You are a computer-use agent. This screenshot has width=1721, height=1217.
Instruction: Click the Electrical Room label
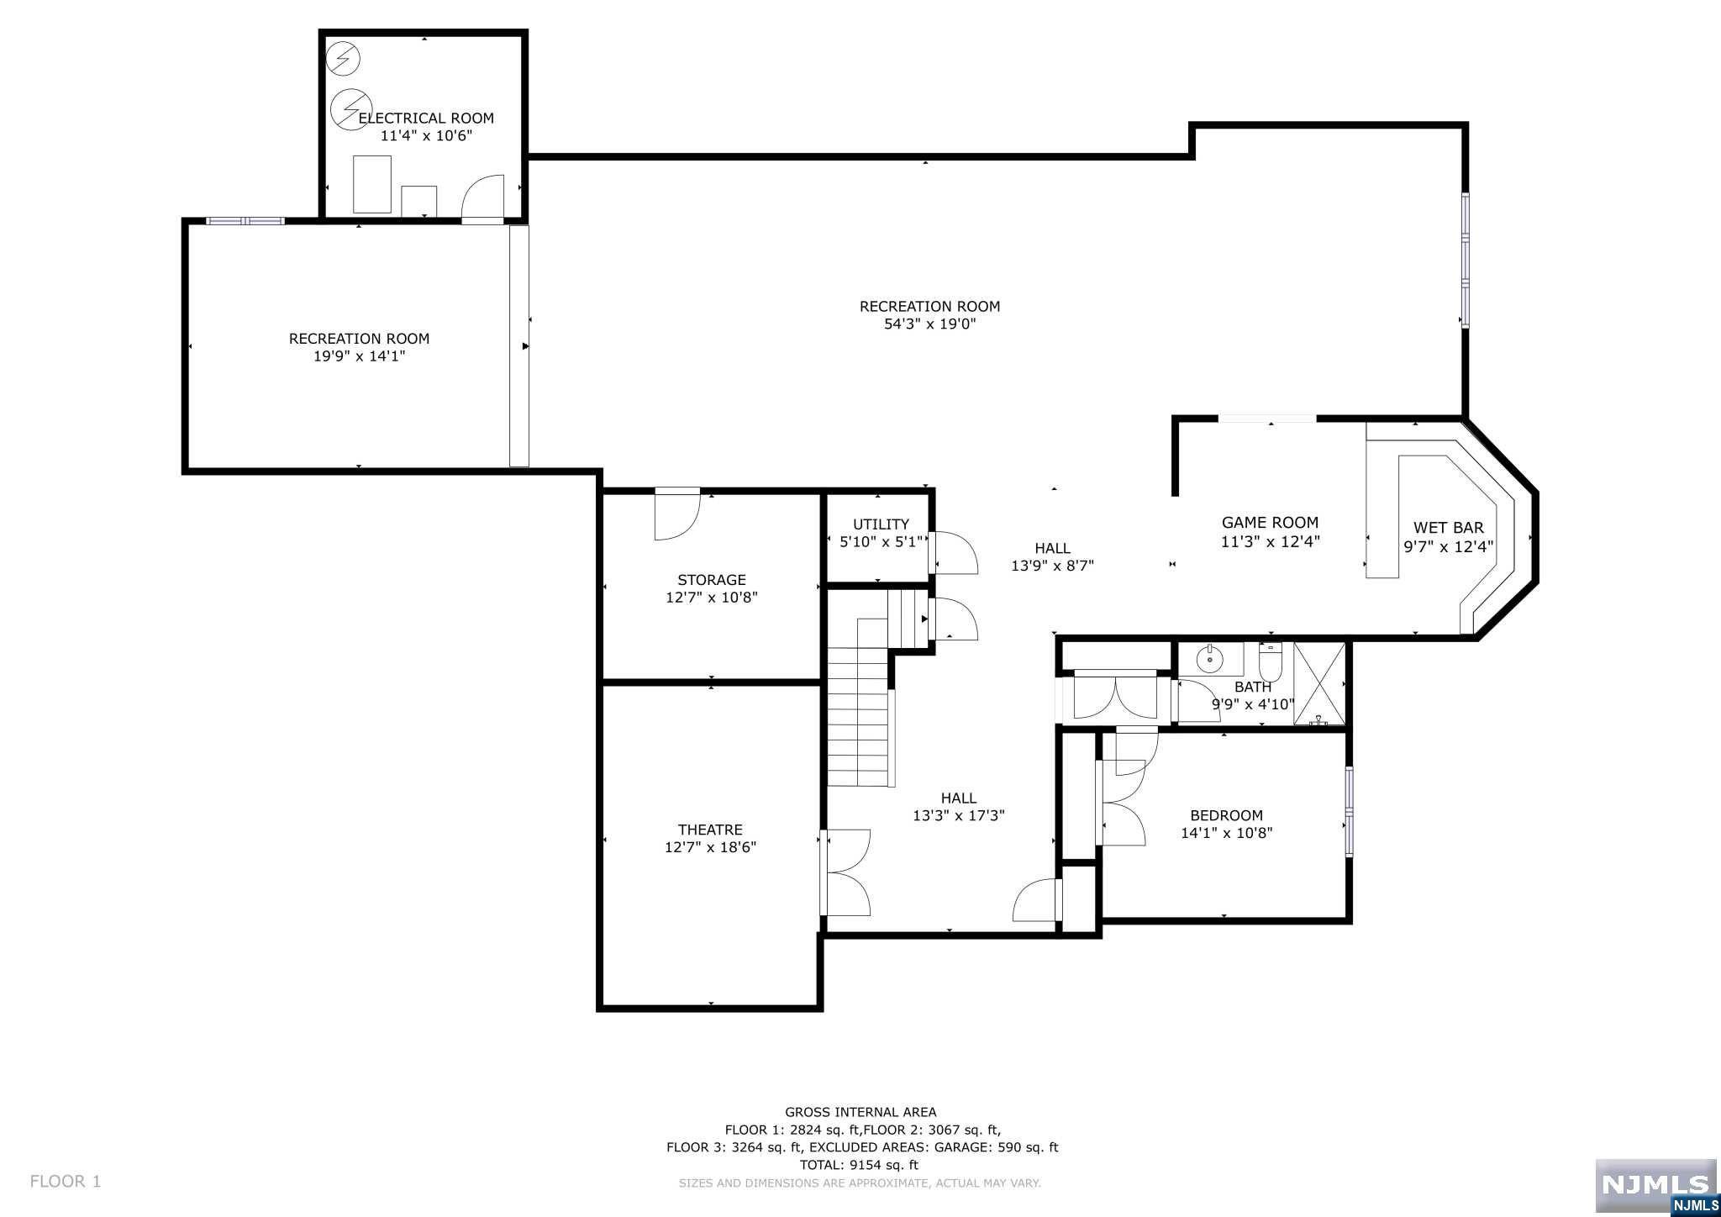tap(426, 119)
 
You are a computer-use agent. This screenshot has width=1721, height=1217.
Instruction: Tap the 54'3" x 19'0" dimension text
tap(929, 324)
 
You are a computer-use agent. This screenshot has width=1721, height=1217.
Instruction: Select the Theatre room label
tap(710, 830)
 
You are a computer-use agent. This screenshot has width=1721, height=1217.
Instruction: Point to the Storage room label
tap(712, 580)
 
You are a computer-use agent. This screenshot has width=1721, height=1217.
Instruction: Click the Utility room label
tap(881, 524)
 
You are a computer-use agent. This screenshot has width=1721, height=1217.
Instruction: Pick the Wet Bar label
tap(1448, 528)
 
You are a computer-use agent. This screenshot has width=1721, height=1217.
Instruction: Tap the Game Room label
tap(1270, 523)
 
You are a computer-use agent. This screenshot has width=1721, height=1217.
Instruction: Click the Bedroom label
tap(1226, 815)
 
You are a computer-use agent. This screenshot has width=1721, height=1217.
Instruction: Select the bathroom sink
tap(1210, 660)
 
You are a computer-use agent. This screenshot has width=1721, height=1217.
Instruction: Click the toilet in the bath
tap(1270, 662)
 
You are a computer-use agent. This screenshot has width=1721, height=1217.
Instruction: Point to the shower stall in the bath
tap(1319, 682)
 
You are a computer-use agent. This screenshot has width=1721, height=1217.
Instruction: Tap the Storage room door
tap(677, 514)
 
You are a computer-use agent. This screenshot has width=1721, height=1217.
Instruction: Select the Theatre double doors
tap(845, 872)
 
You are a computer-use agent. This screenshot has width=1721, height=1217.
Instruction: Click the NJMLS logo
tap(1655, 1188)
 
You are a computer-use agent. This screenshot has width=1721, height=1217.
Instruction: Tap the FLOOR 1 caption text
tap(66, 1181)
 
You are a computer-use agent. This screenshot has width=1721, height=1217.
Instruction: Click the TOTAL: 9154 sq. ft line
tap(860, 1165)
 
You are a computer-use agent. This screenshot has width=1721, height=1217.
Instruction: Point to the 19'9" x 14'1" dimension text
tap(359, 356)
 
